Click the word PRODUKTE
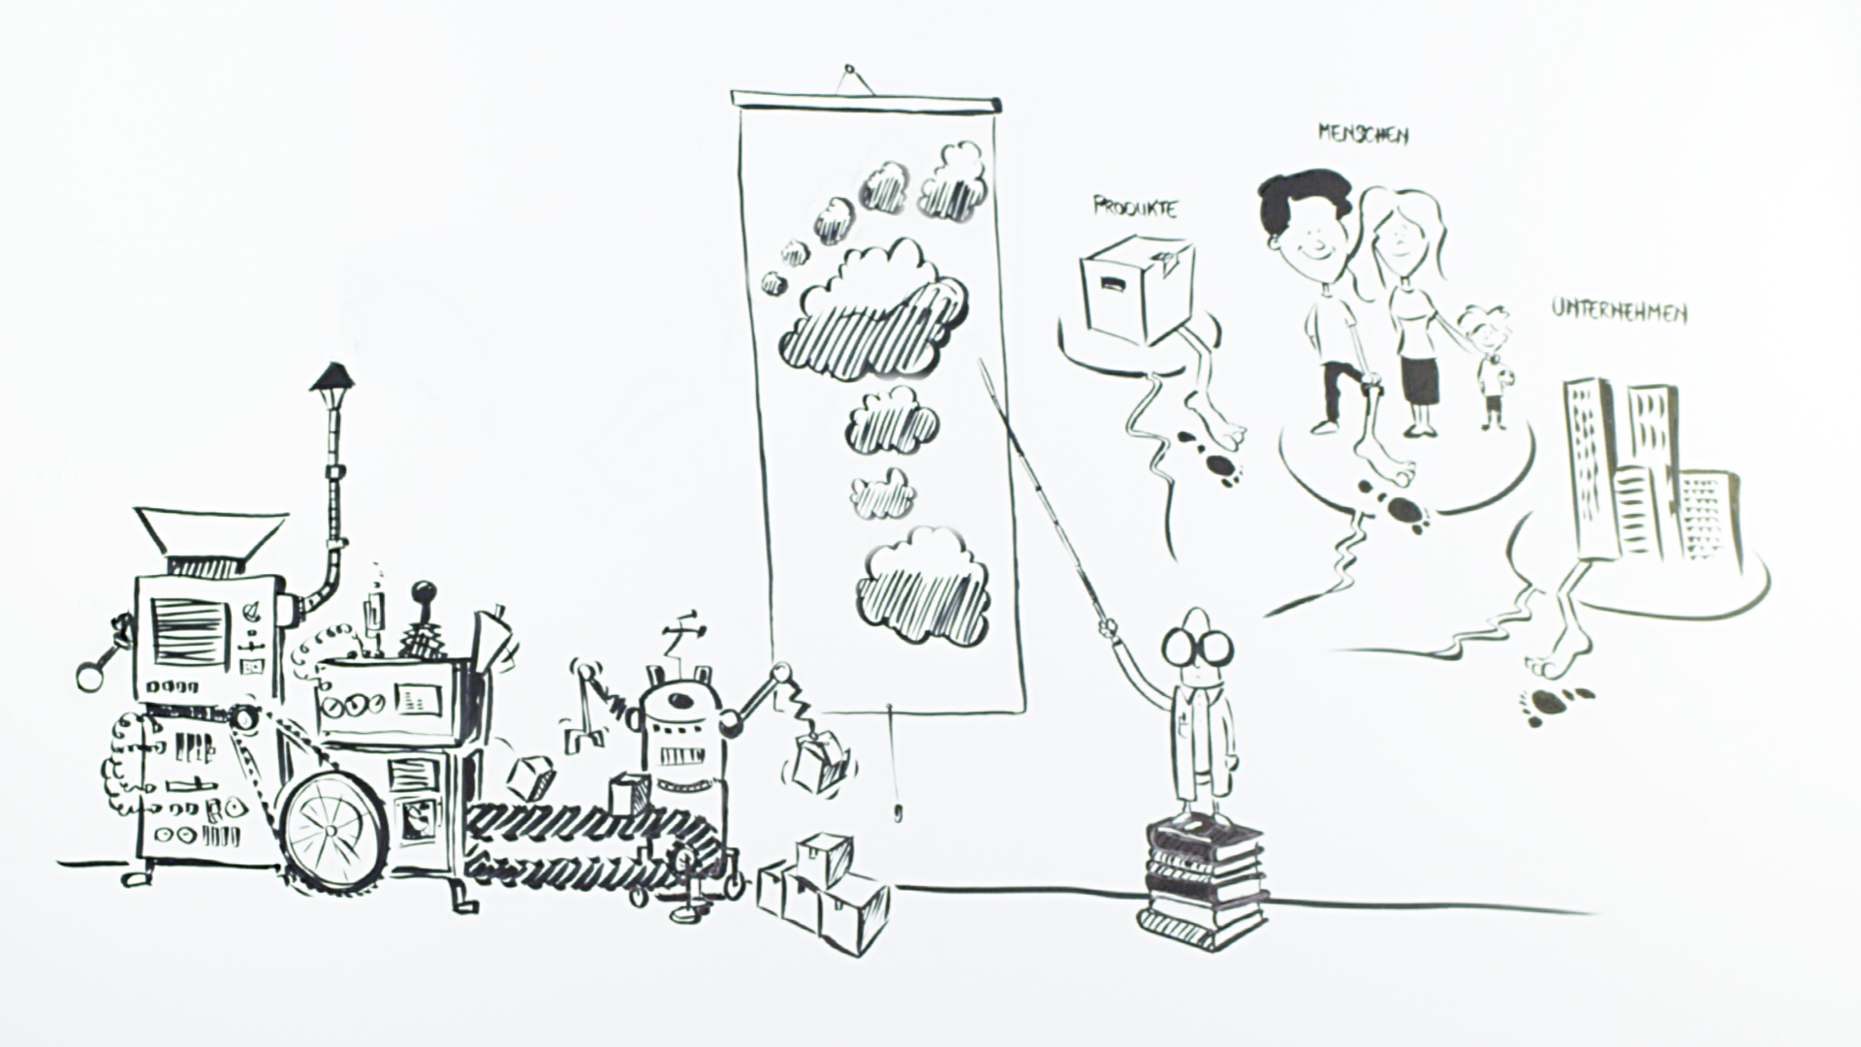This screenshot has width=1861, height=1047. tap(1135, 206)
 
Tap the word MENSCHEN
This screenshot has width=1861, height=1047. tap(1362, 134)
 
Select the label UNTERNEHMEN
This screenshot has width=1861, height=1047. tap(1618, 311)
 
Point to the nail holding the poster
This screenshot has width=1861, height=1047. tap(850, 70)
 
